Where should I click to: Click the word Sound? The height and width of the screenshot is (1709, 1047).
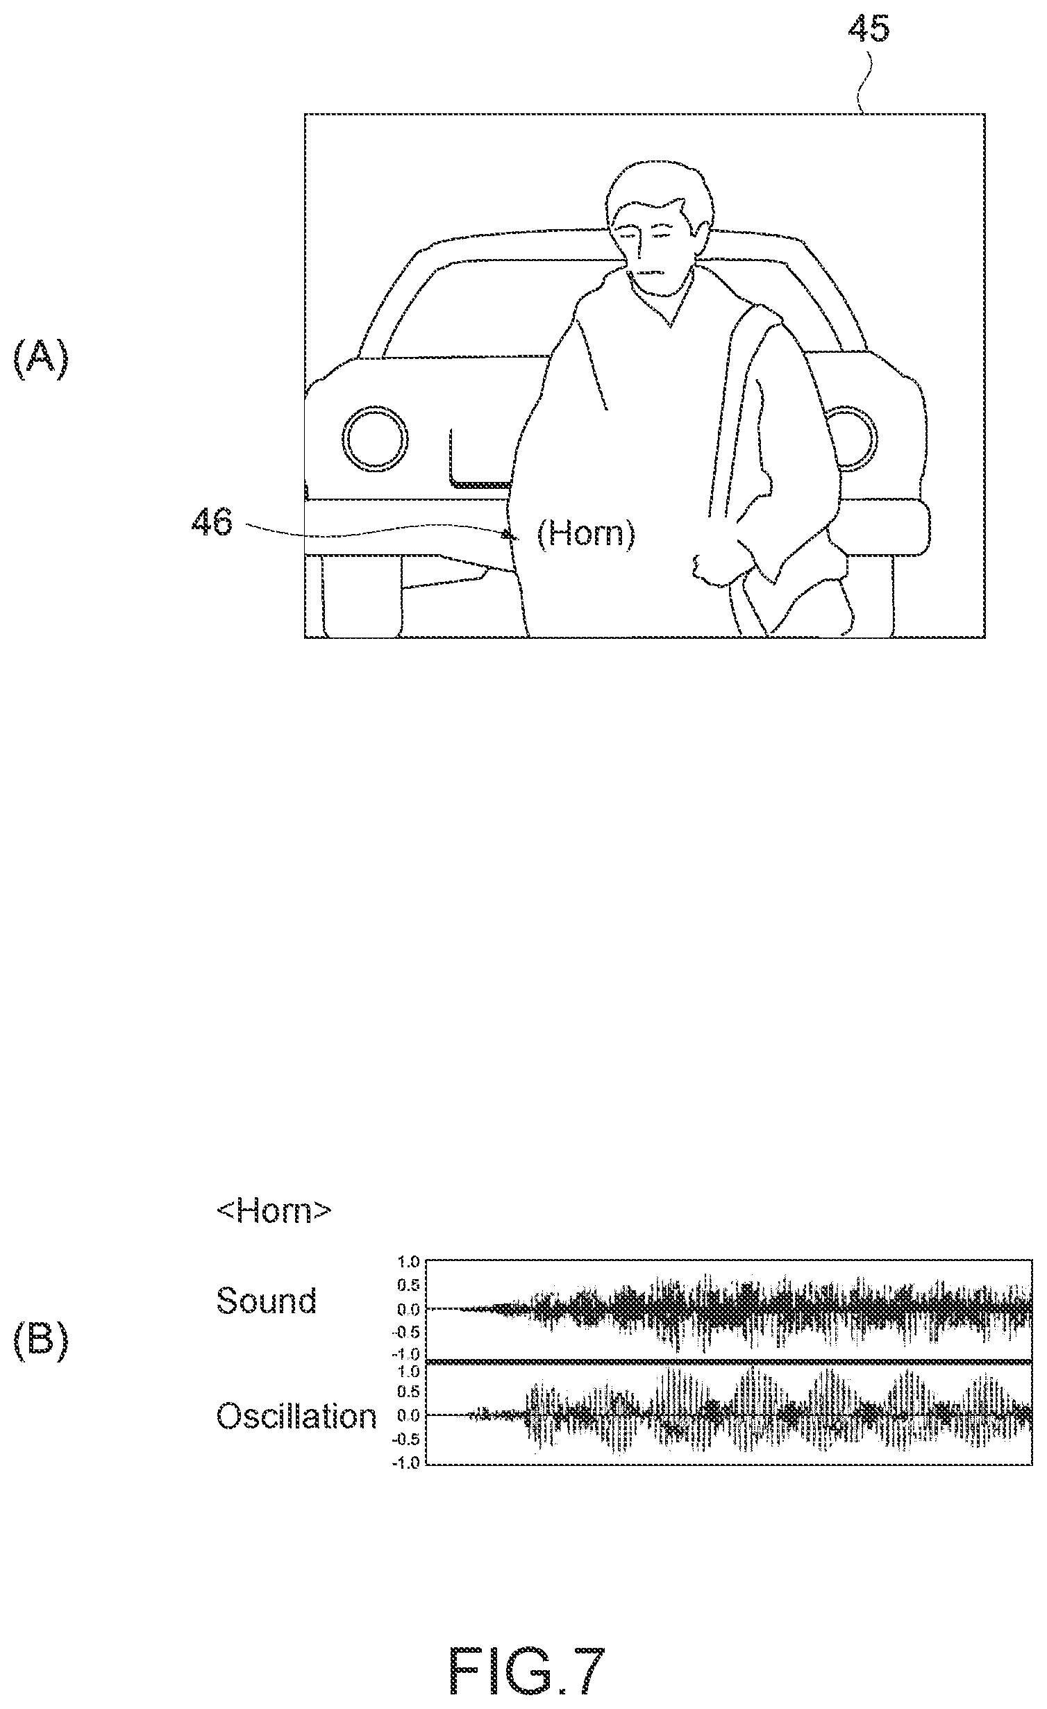(x=267, y=1300)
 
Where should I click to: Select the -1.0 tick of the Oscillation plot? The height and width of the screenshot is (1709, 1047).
(x=406, y=1462)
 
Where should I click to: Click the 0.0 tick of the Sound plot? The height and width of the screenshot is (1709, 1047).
(x=409, y=1308)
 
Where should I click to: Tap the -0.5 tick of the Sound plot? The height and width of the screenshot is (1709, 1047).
(x=406, y=1333)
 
